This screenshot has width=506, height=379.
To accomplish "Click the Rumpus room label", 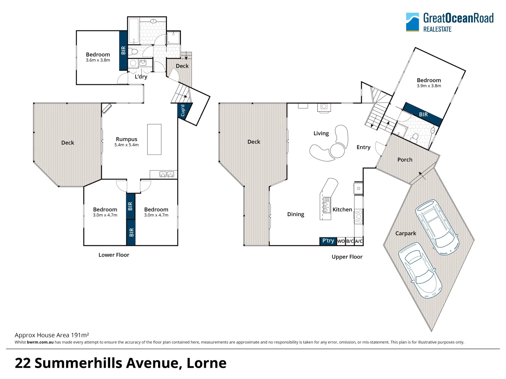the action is click(x=126, y=139).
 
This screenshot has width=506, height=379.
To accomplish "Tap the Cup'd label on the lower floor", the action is click(x=183, y=111).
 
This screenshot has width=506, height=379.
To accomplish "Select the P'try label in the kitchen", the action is click(x=328, y=241).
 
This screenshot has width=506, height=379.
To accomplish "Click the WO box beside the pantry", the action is click(x=341, y=241).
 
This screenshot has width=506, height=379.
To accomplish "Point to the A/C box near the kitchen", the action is click(x=359, y=241).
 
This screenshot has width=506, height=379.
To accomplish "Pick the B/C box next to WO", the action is click(x=350, y=241).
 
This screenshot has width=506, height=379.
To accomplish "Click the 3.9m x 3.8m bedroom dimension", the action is click(x=429, y=86).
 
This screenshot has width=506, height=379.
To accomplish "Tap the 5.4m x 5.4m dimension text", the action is click(x=126, y=145).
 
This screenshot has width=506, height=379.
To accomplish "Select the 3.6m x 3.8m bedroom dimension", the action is click(x=98, y=60).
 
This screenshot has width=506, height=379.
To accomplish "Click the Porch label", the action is click(x=405, y=160).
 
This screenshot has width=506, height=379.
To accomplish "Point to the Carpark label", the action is click(x=406, y=233).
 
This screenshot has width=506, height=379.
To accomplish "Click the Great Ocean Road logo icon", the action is click(x=413, y=22).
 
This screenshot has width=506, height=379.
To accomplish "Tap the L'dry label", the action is click(x=141, y=77).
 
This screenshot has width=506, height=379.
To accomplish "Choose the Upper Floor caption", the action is click(x=347, y=257).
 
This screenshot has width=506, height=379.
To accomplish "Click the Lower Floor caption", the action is click(x=114, y=255).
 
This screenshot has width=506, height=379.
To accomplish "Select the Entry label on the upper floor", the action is click(x=363, y=147).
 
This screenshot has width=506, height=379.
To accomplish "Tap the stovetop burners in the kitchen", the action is click(x=358, y=216).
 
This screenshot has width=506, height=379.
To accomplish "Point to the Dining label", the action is click(x=296, y=214).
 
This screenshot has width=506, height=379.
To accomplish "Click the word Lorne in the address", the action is click(x=207, y=363).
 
